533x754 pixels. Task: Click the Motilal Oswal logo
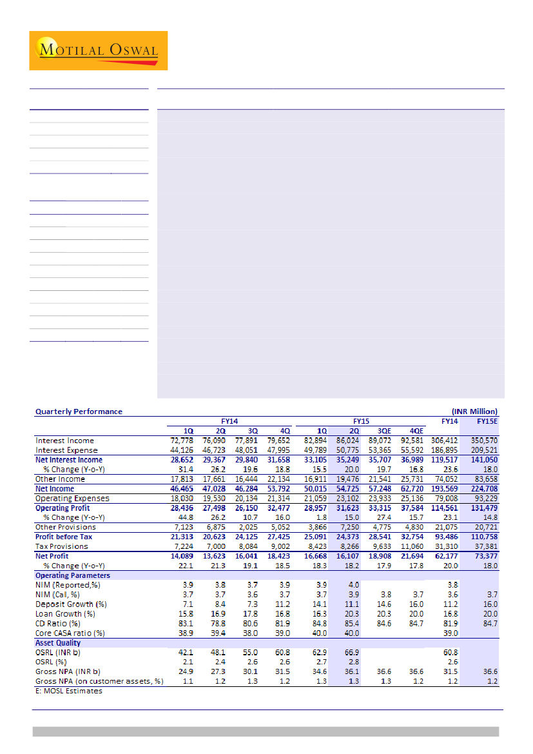pyautogui.click(x=98, y=50)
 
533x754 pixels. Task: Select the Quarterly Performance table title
pyautogui.click(x=79, y=411)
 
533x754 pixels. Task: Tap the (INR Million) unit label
pyautogui.click(x=474, y=411)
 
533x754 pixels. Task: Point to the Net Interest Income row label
pyautogui.click(x=69, y=460)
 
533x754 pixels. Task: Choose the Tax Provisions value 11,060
pyautogui.click(x=411, y=546)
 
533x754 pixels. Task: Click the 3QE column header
pyautogui.click(x=383, y=430)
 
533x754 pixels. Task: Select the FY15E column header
pyautogui.click(x=487, y=421)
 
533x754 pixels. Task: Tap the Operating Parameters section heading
pyautogui.click(x=72, y=575)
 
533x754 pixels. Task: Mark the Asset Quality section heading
pyautogui.click(x=58, y=642)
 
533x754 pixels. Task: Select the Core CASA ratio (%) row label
pyautogui.click(x=70, y=633)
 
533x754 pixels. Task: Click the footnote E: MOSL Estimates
pyautogui.click(x=68, y=691)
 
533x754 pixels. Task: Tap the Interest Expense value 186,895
pyautogui.click(x=444, y=450)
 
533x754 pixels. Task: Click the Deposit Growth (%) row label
pyautogui.click(x=70, y=604)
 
